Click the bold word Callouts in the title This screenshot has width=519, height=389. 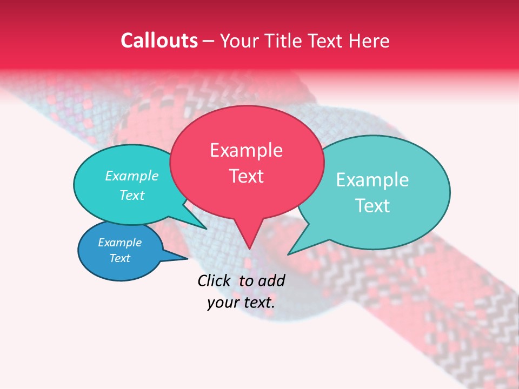coord(159,41)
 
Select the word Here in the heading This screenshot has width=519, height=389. coord(369,41)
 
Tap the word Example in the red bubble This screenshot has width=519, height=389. coord(246,150)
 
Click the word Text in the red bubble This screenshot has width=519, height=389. coord(246,176)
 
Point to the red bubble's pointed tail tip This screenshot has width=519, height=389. coord(249,249)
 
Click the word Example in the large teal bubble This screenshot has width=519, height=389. coord(372,180)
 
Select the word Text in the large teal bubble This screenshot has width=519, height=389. coord(372,206)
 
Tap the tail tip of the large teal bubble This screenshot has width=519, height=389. coord(288,254)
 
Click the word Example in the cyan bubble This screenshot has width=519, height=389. coord(131,176)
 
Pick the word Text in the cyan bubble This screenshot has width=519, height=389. coord(131,196)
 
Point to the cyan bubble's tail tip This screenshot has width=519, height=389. coord(206,229)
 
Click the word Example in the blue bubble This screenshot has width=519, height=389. coord(119,243)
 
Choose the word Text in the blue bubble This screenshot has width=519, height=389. coord(119,258)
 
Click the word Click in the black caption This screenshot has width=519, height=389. coord(214,280)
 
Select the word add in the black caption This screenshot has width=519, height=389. coord(272,280)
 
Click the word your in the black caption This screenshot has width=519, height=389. coord(222,303)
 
